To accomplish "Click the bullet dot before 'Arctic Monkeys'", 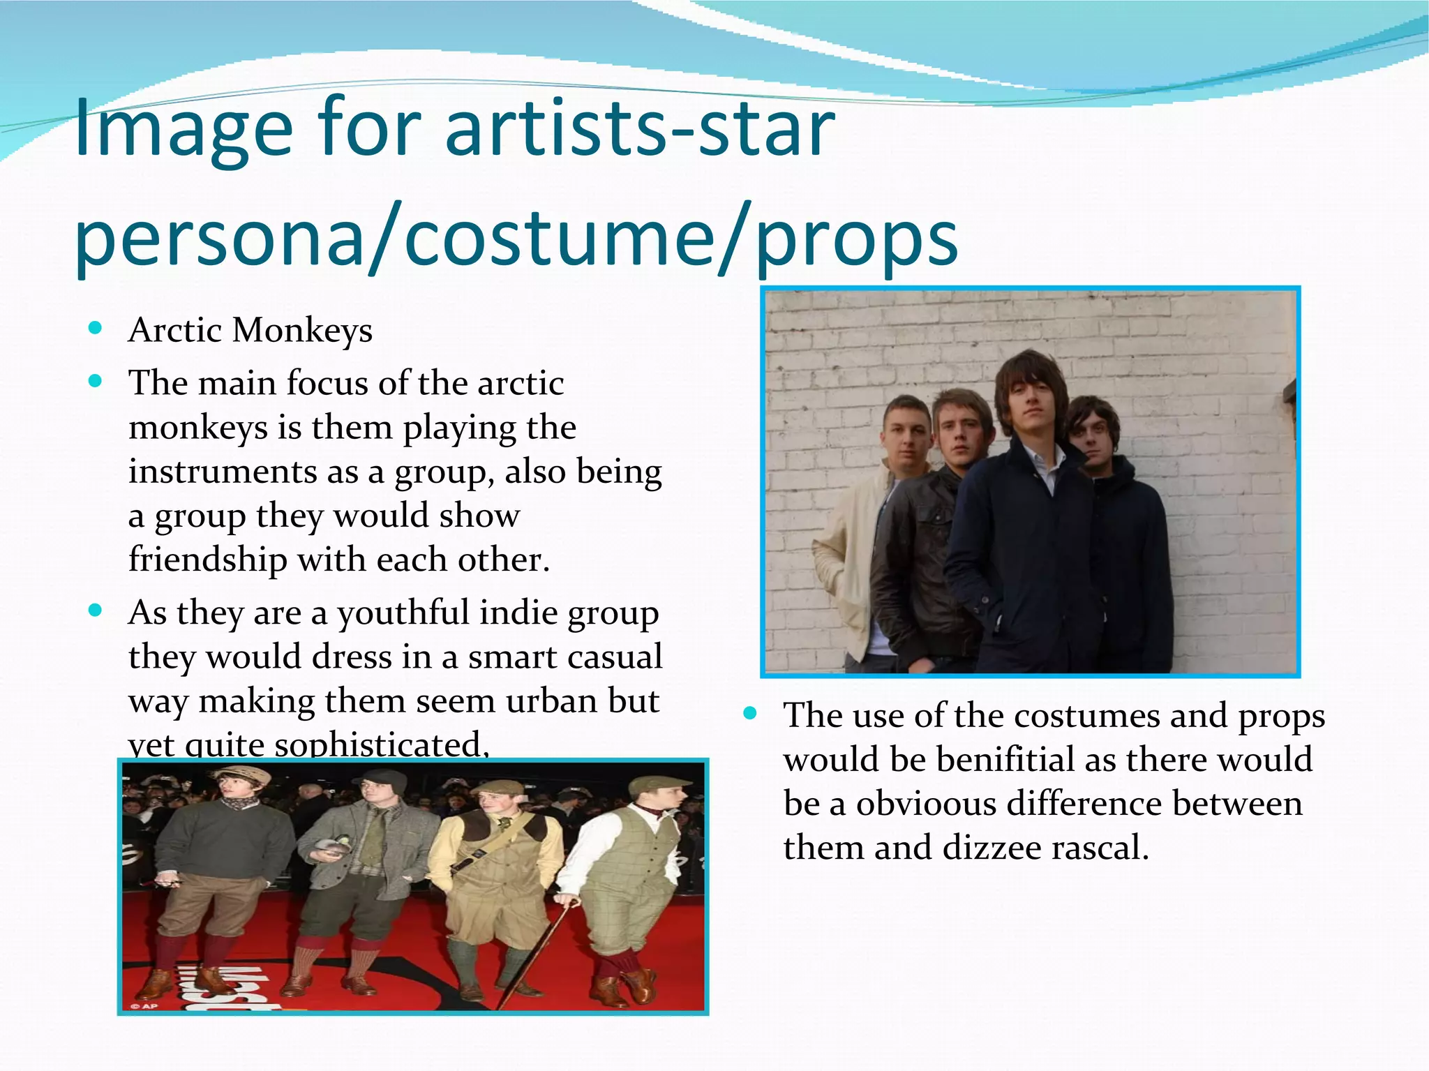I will pos(96,327).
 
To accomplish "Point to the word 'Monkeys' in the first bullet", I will pos(302,330).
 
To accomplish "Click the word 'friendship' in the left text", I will pos(207,560).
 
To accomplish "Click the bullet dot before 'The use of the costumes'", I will pos(751,714).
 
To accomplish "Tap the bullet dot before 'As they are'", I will pos(96,611).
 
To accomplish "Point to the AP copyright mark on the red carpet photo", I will pos(145,1005).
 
